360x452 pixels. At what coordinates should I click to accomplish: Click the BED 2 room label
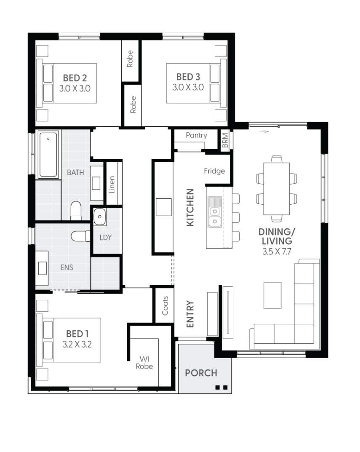75,78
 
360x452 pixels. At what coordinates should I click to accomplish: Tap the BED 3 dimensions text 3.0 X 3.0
188,88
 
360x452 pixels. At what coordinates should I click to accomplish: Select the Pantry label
196,135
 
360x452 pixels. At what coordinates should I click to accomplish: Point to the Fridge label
214,171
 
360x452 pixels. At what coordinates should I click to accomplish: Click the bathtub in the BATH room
48,155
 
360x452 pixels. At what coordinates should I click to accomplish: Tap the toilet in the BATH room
76,211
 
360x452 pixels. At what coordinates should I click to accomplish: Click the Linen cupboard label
112,184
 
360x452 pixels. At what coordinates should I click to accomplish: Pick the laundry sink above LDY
100,217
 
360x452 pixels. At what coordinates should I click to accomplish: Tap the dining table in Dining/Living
277,188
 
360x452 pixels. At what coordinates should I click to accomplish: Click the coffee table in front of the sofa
272,295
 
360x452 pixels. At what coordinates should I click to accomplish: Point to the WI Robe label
144,363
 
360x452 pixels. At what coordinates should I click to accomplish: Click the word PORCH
201,373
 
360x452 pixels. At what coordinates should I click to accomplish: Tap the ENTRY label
190,314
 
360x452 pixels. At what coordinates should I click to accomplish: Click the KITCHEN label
190,207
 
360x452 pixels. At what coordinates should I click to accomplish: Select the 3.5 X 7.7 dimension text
275,251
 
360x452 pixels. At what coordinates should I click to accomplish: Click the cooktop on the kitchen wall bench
164,207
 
